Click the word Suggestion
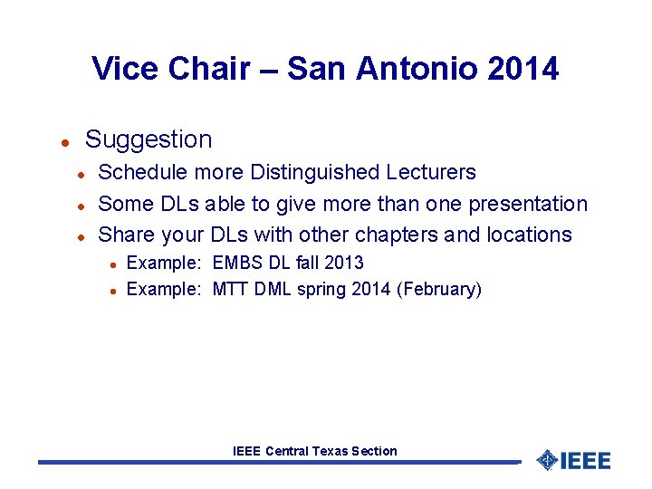pyautogui.click(x=149, y=139)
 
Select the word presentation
pyautogui.click(x=527, y=204)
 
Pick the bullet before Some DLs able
pyautogui.click(x=81, y=206)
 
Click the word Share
pyautogui.click(x=126, y=235)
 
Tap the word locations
pyautogui.click(x=529, y=235)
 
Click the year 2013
pyautogui.click(x=345, y=263)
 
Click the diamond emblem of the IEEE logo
pyautogui.click(x=547, y=460)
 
